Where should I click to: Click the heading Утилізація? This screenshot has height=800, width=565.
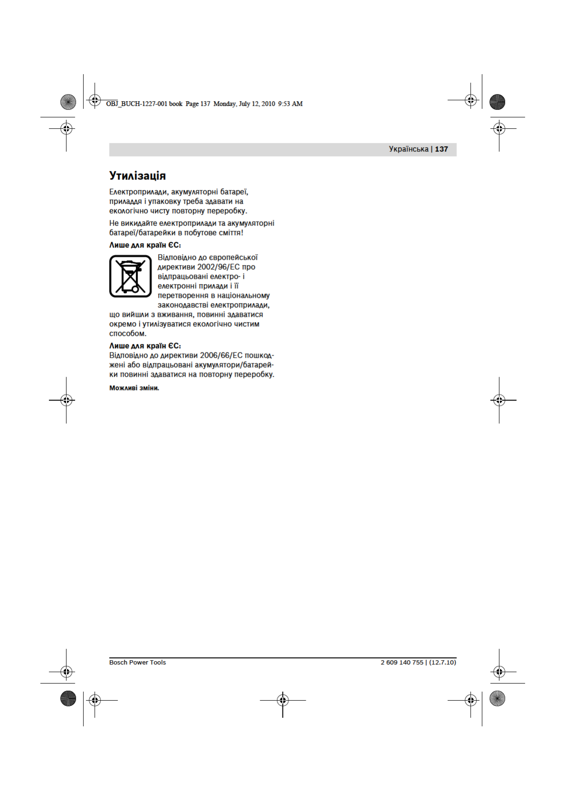coord(137,176)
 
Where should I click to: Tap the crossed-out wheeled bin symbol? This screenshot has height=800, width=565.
coord(131,276)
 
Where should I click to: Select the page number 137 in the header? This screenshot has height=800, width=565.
coord(441,149)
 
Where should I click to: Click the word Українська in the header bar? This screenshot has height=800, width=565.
coord(408,149)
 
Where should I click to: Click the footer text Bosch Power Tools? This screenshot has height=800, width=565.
coord(137,662)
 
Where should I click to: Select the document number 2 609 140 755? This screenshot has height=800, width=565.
coord(402,662)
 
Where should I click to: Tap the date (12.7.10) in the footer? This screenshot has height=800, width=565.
coord(443,662)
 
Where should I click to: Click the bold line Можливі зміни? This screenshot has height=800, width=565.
coord(134,388)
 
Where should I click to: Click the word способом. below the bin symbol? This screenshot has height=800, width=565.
coord(128,333)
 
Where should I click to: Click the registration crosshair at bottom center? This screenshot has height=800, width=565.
coord(282,700)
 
